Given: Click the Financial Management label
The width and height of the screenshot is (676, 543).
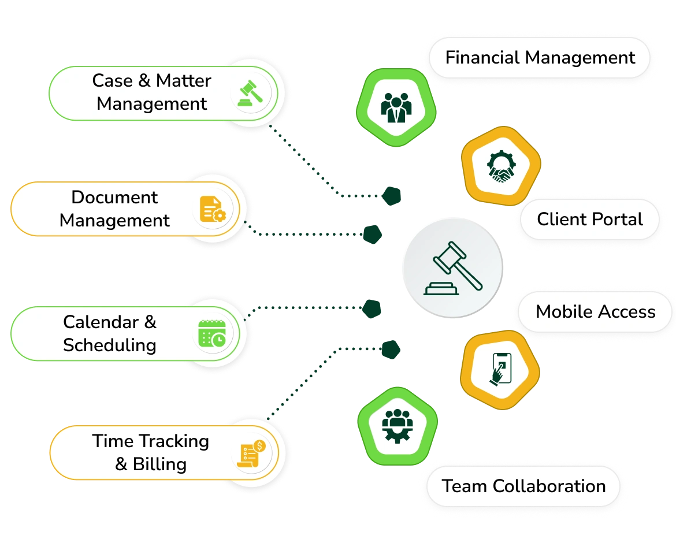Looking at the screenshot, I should coord(540,58).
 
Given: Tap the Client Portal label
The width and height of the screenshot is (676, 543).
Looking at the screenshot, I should coord(589,220).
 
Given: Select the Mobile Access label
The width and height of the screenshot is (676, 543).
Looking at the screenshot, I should coord(595,312).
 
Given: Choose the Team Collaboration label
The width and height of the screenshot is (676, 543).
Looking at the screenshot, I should coord(523,486).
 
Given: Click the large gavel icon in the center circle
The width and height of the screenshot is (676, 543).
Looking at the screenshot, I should coord(453,269).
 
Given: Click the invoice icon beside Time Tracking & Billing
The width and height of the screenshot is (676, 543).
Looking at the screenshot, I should coord(251,453).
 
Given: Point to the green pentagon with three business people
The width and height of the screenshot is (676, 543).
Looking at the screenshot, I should coord(396,107).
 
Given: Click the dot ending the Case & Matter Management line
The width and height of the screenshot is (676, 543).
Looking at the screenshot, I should coord(391,196).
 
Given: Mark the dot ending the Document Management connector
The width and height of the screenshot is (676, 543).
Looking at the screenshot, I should coord(372,233).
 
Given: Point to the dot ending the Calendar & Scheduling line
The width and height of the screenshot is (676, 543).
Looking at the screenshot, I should coord(372,308).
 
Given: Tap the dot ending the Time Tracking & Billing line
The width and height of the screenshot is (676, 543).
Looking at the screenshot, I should coord(391,348).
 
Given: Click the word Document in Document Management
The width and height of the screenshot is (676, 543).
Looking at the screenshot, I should coord(114,197).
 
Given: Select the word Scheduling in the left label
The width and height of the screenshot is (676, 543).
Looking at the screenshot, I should coord(110,345).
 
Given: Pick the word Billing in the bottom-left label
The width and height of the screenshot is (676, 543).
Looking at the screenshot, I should coord(159,464).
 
